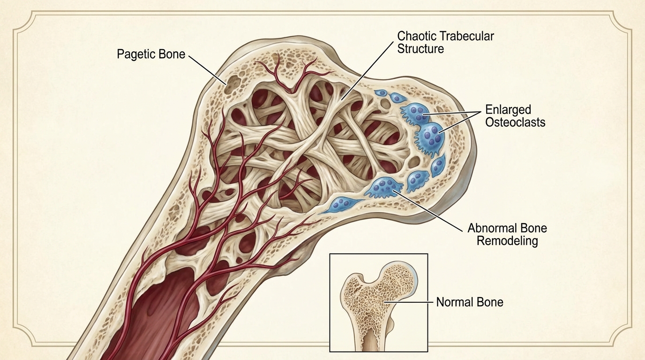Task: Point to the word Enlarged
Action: (508, 110)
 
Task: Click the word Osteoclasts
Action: (515, 122)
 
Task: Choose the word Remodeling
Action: (507, 241)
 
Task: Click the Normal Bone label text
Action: (469, 302)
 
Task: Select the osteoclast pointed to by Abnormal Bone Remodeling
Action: (385, 187)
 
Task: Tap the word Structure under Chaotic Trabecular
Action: (420, 48)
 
